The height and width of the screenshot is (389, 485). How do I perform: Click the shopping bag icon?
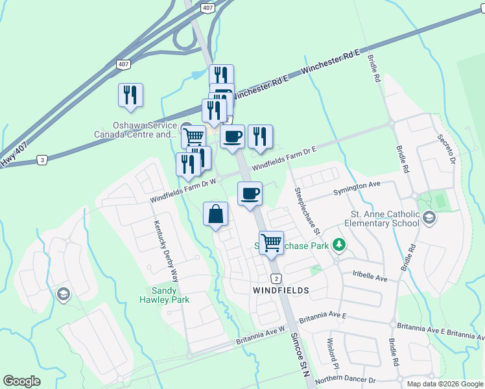[x=216, y=214]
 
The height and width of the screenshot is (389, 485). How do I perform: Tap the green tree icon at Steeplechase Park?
[x=337, y=245]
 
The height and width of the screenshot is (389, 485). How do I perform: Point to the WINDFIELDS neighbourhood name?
[x=280, y=290]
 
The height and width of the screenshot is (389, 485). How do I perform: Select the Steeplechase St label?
[x=307, y=211]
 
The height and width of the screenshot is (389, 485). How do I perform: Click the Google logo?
[x=21, y=381]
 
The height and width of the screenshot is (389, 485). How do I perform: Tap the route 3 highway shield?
[x=42, y=159]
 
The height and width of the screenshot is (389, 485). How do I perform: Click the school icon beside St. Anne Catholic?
[x=429, y=219]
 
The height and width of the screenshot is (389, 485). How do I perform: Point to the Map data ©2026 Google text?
[x=445, y=384]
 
